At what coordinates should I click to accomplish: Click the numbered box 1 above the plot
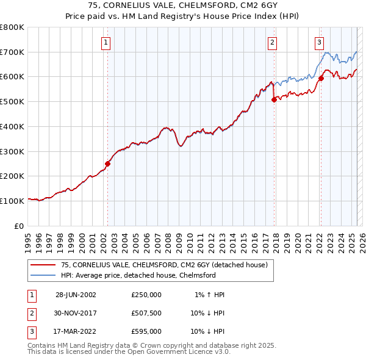click(x=106, y=42)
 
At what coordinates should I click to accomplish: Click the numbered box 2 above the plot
click(x=272, y=42)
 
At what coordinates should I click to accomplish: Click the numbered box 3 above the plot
click(x=319, y=42)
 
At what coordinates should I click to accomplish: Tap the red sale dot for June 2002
click(x=108, y=164)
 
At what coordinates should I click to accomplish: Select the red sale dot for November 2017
click(x=274, y=99)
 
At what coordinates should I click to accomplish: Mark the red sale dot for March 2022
click(x=321, y=77)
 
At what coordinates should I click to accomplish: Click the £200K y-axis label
click(x=12, y=176)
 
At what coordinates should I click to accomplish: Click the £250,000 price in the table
click(x=146, y=294)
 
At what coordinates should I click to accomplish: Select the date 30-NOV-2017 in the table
click(x=76, y=313)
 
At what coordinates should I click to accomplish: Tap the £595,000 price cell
click(x=146, y=331)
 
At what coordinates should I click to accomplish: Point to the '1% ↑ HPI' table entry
click(x=210, y=294)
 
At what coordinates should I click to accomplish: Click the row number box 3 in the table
click(x=30, y=331)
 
